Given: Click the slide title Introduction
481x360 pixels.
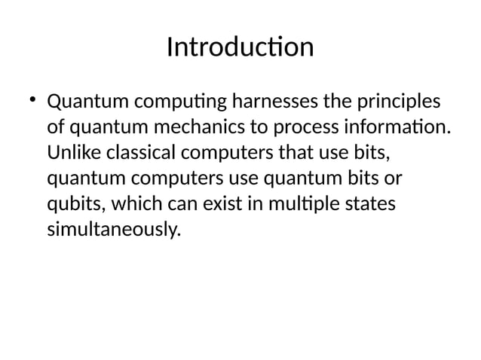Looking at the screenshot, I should pos(240,47).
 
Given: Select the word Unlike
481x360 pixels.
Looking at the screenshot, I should pos(74,153).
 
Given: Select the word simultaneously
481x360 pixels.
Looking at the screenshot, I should pos(114,231).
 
